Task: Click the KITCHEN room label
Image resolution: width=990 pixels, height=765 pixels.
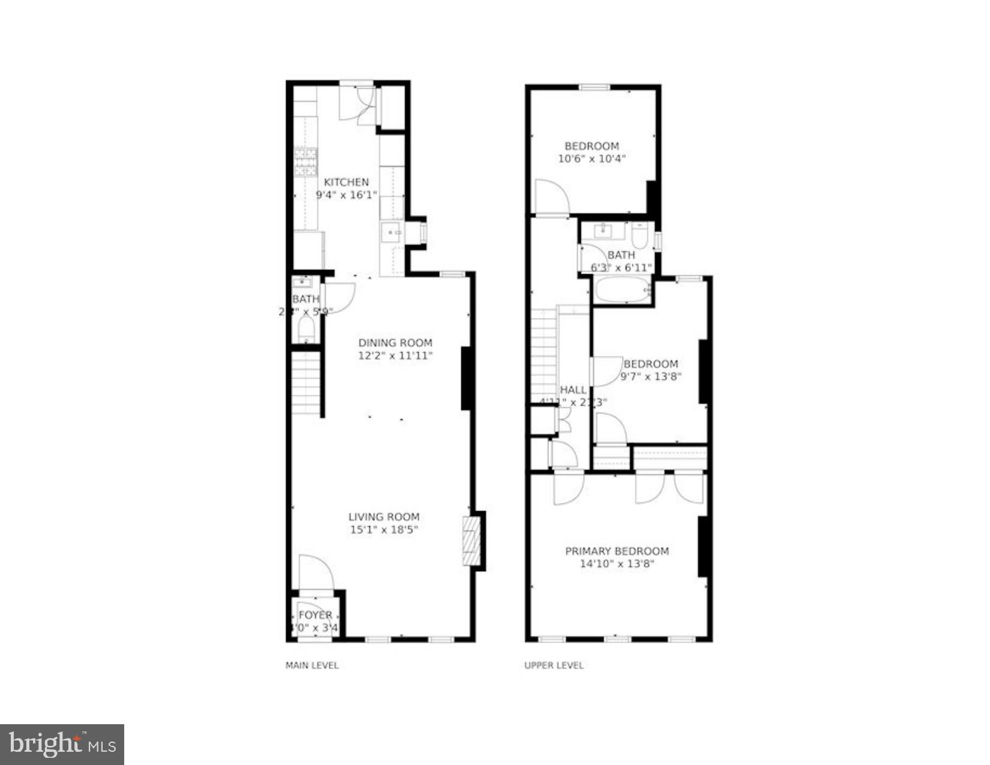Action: point(346,182)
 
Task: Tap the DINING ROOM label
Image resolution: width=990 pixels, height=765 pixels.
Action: point(395,343)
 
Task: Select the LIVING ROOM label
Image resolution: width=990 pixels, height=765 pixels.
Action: point(384,517)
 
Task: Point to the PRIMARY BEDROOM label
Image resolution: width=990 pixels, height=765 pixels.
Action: point(617,551)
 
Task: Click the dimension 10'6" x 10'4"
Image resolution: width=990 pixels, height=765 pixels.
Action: point(592,159)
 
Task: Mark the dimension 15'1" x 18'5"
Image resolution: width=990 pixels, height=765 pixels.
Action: point(384,530)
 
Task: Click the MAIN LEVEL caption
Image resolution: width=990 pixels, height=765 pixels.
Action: point(312,665)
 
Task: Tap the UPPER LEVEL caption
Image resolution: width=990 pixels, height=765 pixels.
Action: point(554,665)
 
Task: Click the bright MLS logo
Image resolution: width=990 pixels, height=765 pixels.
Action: point(62,745)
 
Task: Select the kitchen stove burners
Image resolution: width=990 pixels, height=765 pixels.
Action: point(305,161)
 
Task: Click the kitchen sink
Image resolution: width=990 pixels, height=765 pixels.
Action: point(392,232)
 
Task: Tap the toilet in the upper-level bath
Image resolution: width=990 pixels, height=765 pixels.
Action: point(641,236)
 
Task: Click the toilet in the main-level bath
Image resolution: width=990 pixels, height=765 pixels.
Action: point(306,329)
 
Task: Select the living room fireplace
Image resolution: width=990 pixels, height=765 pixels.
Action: point(473,541)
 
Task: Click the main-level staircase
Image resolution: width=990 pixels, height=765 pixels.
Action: point(306,383)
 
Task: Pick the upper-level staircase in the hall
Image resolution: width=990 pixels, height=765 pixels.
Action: point(544,351)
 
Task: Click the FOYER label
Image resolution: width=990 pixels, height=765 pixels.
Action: point(315,615)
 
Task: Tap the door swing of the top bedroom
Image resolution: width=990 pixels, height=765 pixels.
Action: point(551,196)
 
